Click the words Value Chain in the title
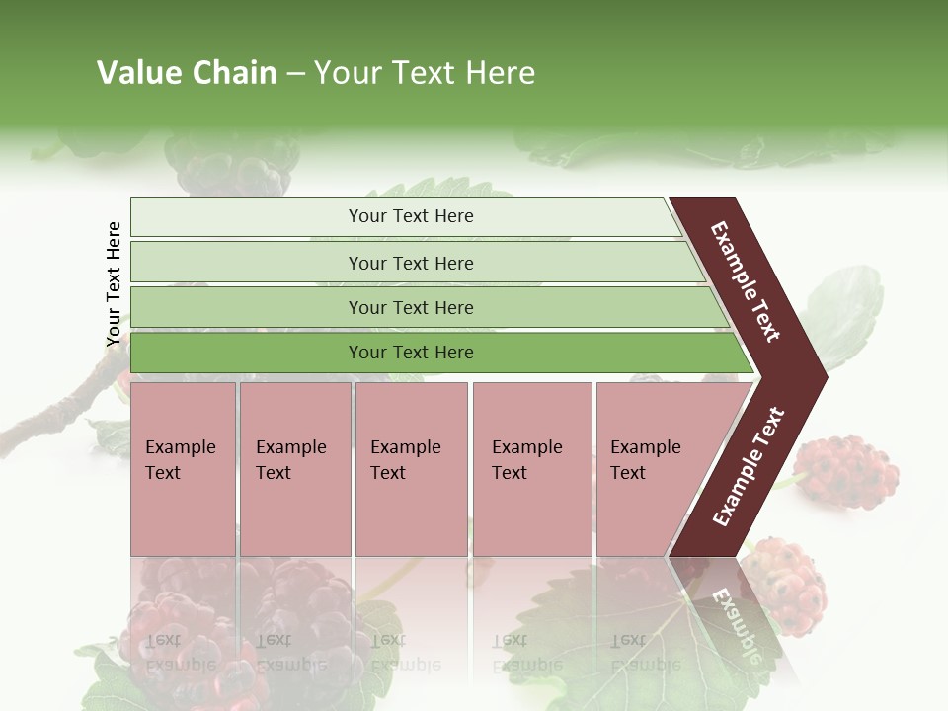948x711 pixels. click(187, 73)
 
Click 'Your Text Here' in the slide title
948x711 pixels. click(425, 73)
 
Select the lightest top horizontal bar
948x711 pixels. click(410, 216)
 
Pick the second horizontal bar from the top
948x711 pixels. click(410, 263)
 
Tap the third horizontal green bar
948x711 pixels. click(410, 307)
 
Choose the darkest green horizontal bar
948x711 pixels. click(410, 353)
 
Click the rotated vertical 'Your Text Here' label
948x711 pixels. click(114, 284)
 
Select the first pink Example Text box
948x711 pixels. click(183, 469)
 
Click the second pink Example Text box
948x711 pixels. click(294, 469)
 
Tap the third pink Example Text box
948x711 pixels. click(411, 469)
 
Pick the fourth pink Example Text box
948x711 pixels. click(531, 469)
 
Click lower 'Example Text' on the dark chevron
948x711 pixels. click(749, 466)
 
